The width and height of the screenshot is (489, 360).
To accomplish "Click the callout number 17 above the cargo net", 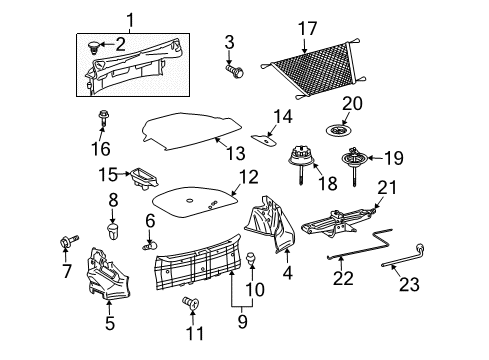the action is (x=307, y=29).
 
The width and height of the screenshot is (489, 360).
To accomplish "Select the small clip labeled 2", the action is (x=94, y=47).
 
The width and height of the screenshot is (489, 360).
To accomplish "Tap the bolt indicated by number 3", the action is (x=235, y=71).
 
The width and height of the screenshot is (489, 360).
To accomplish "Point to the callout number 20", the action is (x=352, y=103).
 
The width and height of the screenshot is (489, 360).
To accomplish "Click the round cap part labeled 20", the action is (x=338, y=129).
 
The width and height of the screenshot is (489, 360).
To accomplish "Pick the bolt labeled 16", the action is (x=102, y=119).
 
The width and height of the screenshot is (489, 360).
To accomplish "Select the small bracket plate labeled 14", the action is (x=264, y=139).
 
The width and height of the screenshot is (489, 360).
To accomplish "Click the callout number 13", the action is (x=236, y=153).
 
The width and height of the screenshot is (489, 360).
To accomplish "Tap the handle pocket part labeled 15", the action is (x=144, y=178).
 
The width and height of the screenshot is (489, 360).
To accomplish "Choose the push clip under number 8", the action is (x=113, y=232).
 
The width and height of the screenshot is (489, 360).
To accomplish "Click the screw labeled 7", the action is (x=69, y=241).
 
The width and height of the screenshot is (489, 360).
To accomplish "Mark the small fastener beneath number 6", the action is (x=150, y=247).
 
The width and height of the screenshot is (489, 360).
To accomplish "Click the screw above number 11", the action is (x=191, y=303).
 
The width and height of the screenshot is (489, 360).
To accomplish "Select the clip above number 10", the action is (x=252, y=258).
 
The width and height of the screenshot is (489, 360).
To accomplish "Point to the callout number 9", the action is (x=242, y=322).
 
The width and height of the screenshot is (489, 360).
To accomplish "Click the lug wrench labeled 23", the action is (x=404, y=255).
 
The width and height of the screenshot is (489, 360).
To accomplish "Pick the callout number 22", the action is (x=343, y=278).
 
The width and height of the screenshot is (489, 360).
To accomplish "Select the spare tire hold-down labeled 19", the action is (x=355, y=164).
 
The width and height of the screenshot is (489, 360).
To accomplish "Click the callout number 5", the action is (x=110, y=323).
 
